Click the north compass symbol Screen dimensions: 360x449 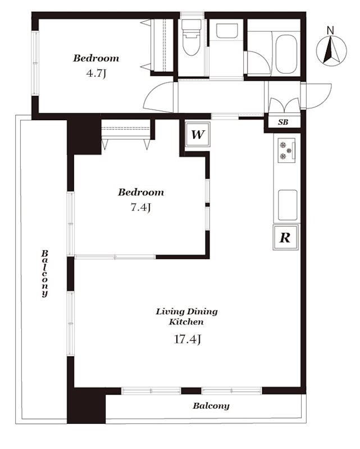[x=331, y=51]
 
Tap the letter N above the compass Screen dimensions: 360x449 [x=331, y=30]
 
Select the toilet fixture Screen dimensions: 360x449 [x=191, y=37]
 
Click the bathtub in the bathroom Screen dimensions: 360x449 [x=286, y=54]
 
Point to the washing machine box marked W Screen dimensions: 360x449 [x=198, y=134]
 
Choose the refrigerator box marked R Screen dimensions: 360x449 [x=285, y=237]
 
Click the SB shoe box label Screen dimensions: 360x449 [x=283, y=122]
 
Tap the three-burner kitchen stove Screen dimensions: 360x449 [x=286, y=150]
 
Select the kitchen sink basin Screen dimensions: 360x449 [x=288, y=205]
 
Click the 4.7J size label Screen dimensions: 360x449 [x=96, y=74]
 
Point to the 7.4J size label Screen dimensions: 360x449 [x=140, y=207]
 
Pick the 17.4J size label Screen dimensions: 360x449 [x=188, y=340]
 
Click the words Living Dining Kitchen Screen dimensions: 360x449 [x=186, y=317]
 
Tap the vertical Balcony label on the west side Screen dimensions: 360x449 [x=45, y=273]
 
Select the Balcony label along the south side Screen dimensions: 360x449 [x=211, y=406]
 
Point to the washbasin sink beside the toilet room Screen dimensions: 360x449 [x=227, y=31]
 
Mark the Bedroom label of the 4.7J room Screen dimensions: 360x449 [x=96, y=58]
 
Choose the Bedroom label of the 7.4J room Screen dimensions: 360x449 [x=141, y=192]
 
